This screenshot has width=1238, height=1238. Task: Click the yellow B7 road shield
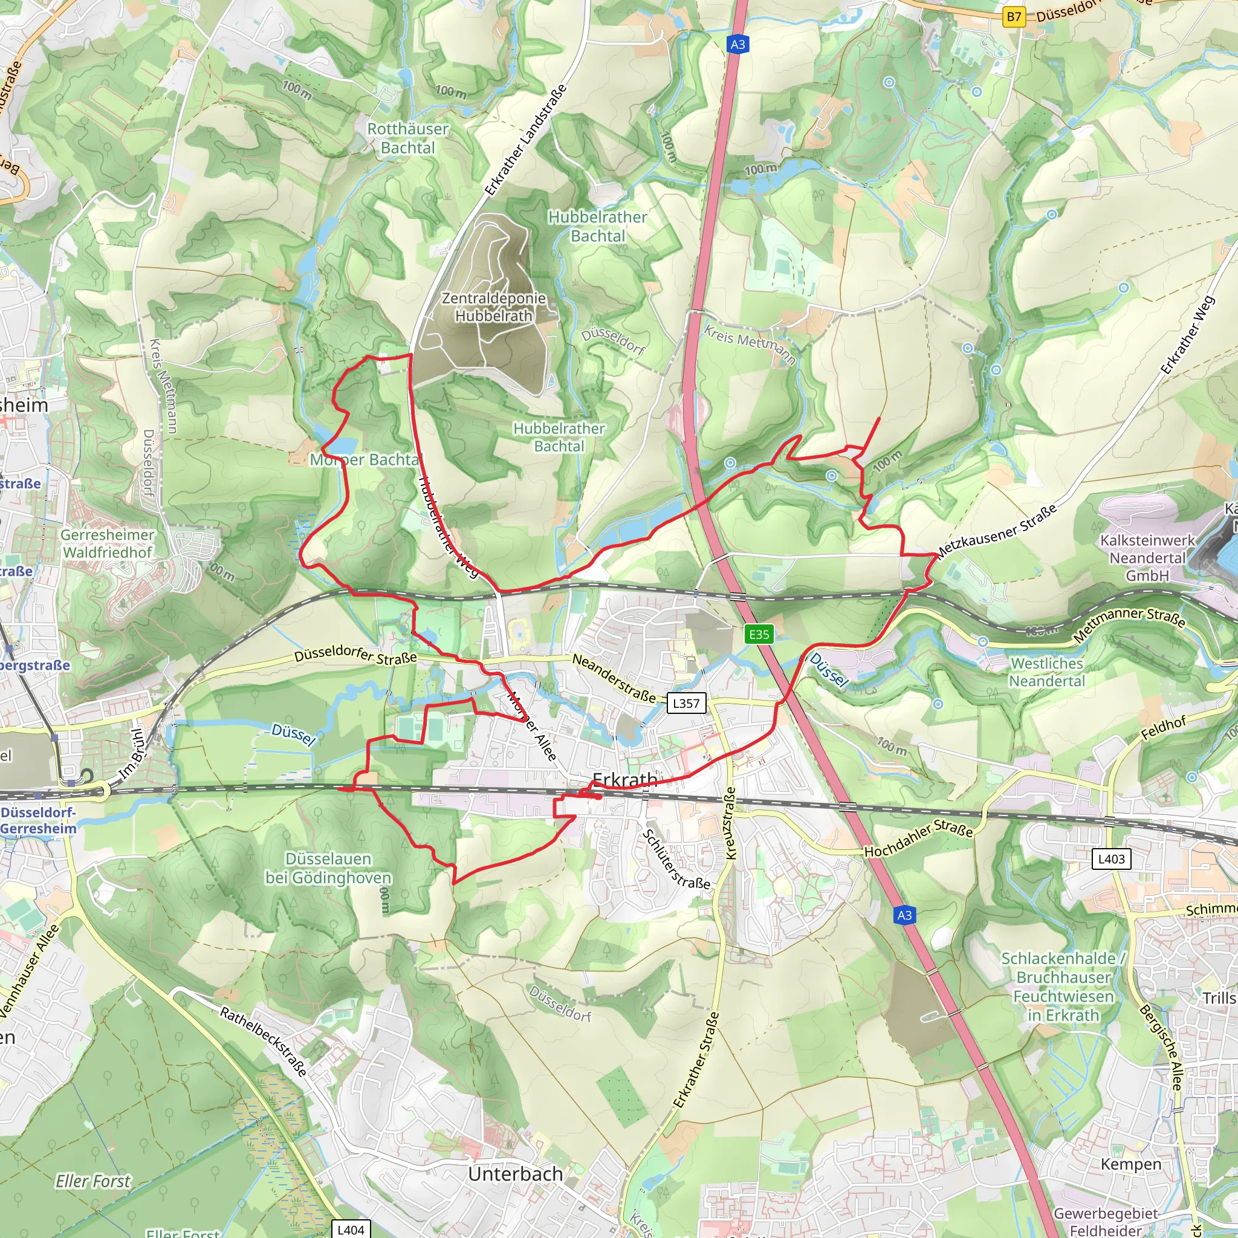point(1014,17)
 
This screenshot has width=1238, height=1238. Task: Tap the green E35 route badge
point(759,634)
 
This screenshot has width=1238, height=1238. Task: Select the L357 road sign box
point(685,703)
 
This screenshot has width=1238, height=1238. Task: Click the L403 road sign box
point(1111,858)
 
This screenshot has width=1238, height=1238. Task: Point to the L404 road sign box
point(351,1229)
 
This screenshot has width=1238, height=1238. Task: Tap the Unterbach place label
point(515,1174)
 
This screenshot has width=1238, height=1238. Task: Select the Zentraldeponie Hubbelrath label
point(493,307)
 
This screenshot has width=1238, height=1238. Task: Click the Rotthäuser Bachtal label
point(407,138)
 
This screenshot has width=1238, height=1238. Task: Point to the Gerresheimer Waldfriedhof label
point(108,543)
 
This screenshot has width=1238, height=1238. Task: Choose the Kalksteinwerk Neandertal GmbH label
point(1147,557)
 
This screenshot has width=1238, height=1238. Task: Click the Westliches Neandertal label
point(1046,672)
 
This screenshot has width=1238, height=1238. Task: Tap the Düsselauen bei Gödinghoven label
point(328,868)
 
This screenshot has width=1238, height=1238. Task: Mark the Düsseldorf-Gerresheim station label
point(39,820)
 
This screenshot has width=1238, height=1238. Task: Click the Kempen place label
point(1131,1164)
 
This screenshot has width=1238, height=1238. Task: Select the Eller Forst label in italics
point(92,1181)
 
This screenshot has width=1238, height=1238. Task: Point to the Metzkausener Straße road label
point(996,532)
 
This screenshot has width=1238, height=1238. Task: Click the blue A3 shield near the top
point(737,44)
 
